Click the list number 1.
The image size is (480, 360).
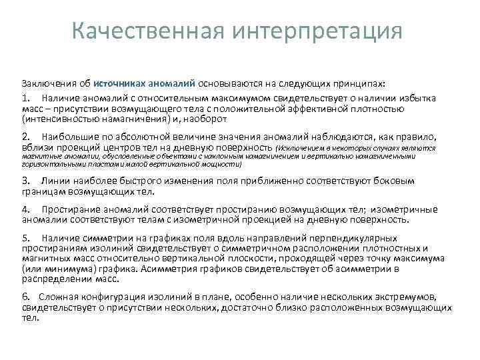[25, 98]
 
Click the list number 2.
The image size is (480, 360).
[25, 135]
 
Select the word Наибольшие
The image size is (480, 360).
[68, 135]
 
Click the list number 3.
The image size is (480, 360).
[25, 181]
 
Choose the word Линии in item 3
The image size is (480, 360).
[53, 181]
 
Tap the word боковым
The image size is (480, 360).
[395, 181]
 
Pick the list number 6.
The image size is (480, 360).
[25, 297]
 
